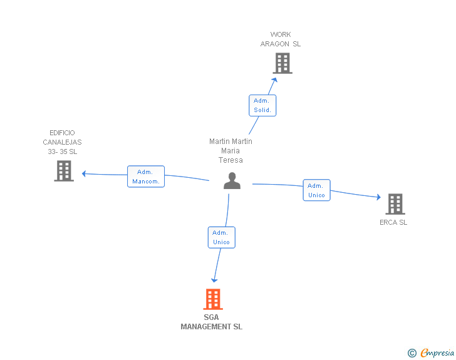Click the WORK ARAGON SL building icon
282,63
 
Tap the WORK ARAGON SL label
281,39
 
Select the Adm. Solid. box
262,106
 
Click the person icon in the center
232,180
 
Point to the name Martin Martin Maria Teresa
231,151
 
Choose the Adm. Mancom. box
146,177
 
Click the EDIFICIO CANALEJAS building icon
64,171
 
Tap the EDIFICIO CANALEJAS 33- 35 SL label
62,142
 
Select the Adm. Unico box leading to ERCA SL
316,190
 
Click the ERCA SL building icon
395,204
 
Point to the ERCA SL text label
393,222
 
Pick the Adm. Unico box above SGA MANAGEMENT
221,237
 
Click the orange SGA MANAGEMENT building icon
213,299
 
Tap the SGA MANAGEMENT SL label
212,322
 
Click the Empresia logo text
437,352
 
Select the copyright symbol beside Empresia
412,353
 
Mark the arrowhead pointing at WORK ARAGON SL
274,80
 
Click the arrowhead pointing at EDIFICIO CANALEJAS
84,173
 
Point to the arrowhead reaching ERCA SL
378,197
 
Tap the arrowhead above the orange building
214,280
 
